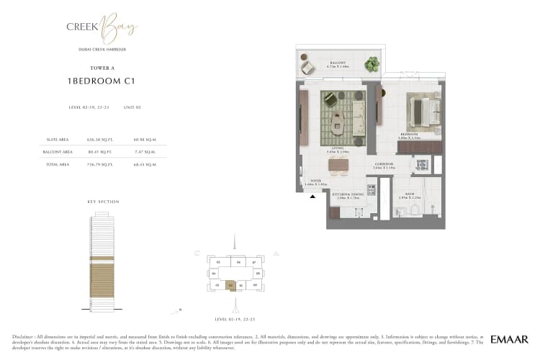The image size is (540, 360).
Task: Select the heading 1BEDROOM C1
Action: coord(102,82)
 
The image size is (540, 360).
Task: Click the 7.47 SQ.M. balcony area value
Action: coord(145,152)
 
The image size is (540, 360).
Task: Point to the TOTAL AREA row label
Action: coord(58,164)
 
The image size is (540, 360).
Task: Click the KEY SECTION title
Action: coord(102,202)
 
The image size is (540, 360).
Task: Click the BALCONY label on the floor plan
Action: coord(338,63)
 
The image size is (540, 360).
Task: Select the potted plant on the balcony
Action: coord(372,65)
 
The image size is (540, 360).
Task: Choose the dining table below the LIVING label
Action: coord(338,166)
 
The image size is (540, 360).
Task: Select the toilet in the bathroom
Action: coord(417,210)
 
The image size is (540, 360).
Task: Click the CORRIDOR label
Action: coord(384,164)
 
